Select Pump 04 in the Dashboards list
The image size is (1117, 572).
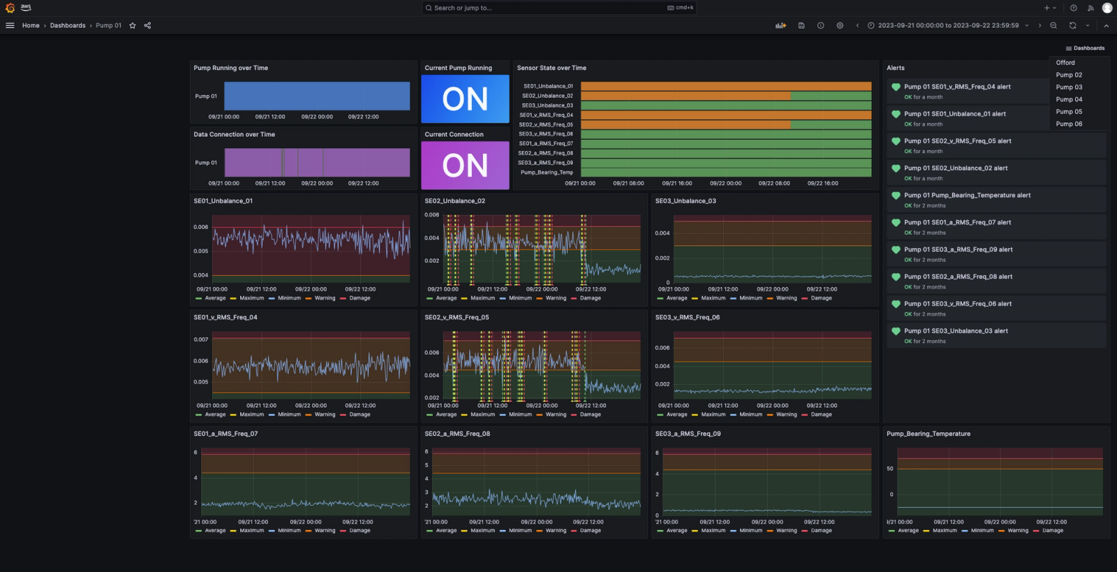(1069, 99)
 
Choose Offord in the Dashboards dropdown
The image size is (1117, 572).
(1065, 63)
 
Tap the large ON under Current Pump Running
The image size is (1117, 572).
(465, 99)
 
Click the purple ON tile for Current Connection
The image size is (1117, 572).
(465, 166)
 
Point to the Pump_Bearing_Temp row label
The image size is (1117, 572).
(547, 173)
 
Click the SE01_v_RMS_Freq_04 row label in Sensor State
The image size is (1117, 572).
(546, 115)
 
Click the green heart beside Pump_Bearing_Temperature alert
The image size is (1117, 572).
(896, 196)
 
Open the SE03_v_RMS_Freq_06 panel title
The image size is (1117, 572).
(687, 317)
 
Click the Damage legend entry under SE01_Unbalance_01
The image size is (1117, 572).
(360, 298)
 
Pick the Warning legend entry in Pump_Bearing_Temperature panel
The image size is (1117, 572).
(1018, 531)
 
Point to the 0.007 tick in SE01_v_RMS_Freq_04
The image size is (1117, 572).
(201, 339)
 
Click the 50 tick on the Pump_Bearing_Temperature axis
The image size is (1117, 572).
(890, 469)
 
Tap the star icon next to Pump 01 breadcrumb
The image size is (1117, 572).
(133, 26)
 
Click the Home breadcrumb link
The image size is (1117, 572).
(31, 26)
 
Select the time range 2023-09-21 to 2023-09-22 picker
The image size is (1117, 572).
(948, 26)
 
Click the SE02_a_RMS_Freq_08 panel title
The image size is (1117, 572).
(457, 434)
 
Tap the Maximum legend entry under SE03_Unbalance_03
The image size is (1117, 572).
(713, 298)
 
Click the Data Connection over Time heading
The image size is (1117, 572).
(235, 135)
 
